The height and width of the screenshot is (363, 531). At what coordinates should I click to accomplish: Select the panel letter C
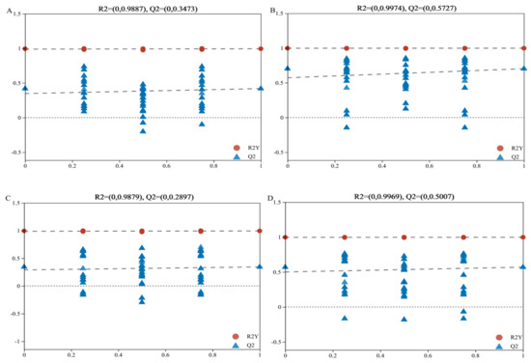pyautogui.click(x=6, y=198)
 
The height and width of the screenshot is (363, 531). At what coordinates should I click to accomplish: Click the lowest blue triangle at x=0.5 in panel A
pyautogui.click(x=143, y=130)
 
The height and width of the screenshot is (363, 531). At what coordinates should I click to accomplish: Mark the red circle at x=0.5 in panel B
pyautogui.click(x=405, y=47)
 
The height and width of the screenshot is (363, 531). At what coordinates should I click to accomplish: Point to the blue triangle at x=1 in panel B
pyautogui.click(x=523, y=69)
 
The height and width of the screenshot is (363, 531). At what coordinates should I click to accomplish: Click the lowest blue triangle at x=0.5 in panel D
pyautogui.click(x=405, y=319)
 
